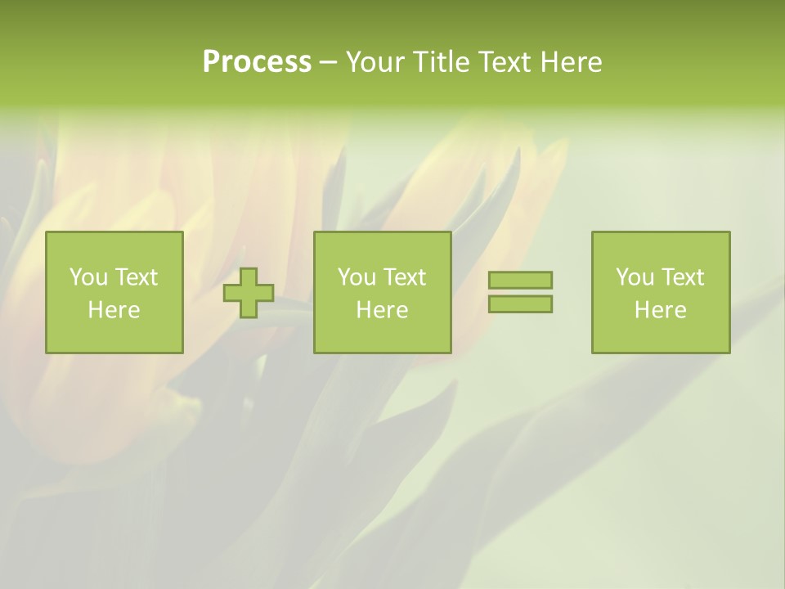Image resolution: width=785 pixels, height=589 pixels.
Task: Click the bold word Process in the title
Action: coord(257,62)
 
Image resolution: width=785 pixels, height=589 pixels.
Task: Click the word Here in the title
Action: coord(571,62)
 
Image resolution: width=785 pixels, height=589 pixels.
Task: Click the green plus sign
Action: coord(249,293)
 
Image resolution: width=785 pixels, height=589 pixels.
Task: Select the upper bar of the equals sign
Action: coord(520,281)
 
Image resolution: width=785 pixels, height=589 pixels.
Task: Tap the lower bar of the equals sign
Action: coord(520,304)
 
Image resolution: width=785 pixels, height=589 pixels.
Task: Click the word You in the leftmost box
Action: coord(88,277)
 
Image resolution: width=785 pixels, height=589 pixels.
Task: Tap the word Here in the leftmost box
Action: coord(114,310)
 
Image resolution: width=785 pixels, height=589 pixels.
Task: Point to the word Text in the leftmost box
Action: coord(136,277)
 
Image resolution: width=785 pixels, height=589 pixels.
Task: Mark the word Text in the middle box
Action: coord(404,277)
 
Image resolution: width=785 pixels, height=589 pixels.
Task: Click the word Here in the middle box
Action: coord(382,310)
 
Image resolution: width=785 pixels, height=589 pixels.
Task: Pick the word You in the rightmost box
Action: coord(635,277)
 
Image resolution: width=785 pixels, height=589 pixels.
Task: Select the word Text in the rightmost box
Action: coord(682,277)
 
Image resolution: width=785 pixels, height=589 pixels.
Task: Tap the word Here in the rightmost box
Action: coord(660,310)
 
